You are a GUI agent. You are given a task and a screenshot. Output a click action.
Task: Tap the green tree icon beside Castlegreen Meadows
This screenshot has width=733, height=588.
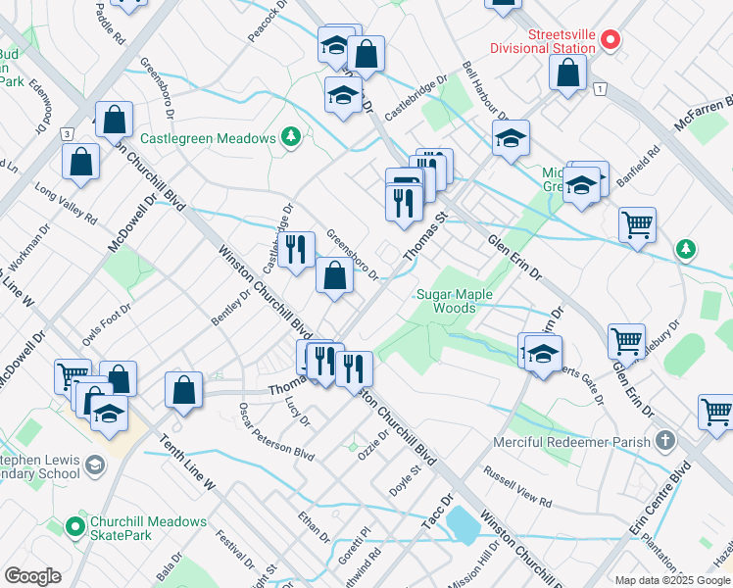pos(291,138)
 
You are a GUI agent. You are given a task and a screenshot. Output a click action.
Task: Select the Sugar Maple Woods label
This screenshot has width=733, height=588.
pos(455,301)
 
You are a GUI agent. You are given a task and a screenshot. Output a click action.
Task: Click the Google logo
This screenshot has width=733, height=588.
pos(32,576)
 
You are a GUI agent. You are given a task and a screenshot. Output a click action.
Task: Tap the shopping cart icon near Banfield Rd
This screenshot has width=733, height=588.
pos(637,224)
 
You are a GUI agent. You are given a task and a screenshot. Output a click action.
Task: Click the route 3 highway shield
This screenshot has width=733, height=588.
pos(66,133)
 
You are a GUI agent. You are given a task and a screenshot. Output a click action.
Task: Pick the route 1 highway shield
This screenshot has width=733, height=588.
pos(597,89)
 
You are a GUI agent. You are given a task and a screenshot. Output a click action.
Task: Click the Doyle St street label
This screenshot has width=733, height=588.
pos(406,478)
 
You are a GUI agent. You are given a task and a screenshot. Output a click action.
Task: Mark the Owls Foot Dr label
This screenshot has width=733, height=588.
pos(107,324)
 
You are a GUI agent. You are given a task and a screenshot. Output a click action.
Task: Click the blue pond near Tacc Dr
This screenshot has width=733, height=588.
pos(463,524)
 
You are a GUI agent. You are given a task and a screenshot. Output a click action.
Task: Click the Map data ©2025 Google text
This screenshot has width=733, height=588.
pos(672,579)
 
